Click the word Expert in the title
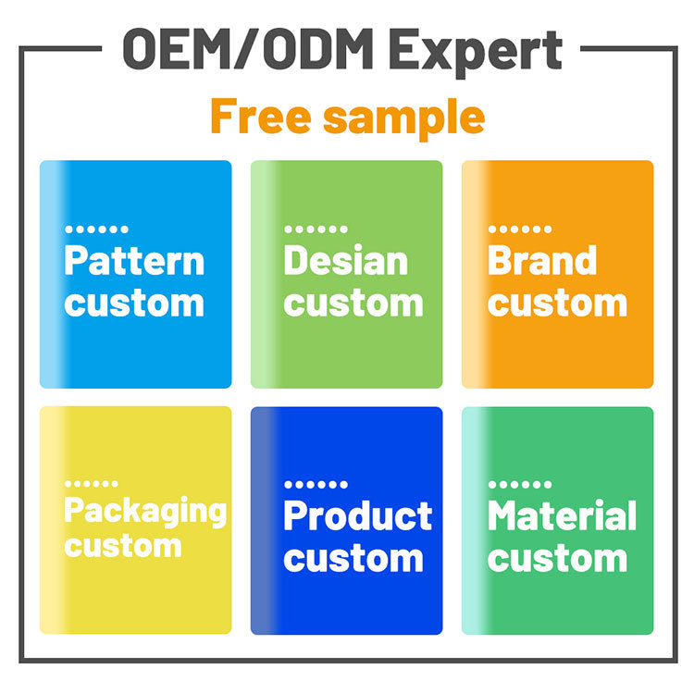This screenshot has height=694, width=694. [x=476, y=52]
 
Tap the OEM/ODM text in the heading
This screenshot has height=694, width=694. [x=248, y=49]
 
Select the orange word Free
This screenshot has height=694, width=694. [x=261, y=116]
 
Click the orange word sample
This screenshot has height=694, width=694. [x=404, y=119]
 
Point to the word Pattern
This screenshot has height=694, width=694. [x=134, y=261]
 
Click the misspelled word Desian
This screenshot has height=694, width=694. [x=345, y=260]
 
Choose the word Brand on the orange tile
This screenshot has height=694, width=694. [x=542, y=260]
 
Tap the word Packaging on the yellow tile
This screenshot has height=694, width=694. [x=145, y=512]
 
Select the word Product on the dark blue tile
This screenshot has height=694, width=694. [x=357, y=515]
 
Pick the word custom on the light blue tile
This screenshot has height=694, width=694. [x=134, y=304]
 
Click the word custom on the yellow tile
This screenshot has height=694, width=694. [x=123, y=546]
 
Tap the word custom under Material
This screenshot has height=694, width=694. [x=558, y=559]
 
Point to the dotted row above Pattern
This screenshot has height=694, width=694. [x=96, y=229]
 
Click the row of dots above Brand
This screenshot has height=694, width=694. [x=520, y=229]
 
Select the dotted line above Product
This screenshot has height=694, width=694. [x=316, y=485]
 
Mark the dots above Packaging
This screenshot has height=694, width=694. [x=92, y=484]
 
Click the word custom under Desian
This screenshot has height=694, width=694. [x=353, y=304]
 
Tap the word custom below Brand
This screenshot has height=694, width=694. [x=558, y=304]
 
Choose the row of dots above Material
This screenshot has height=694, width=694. [x=520, y=485]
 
